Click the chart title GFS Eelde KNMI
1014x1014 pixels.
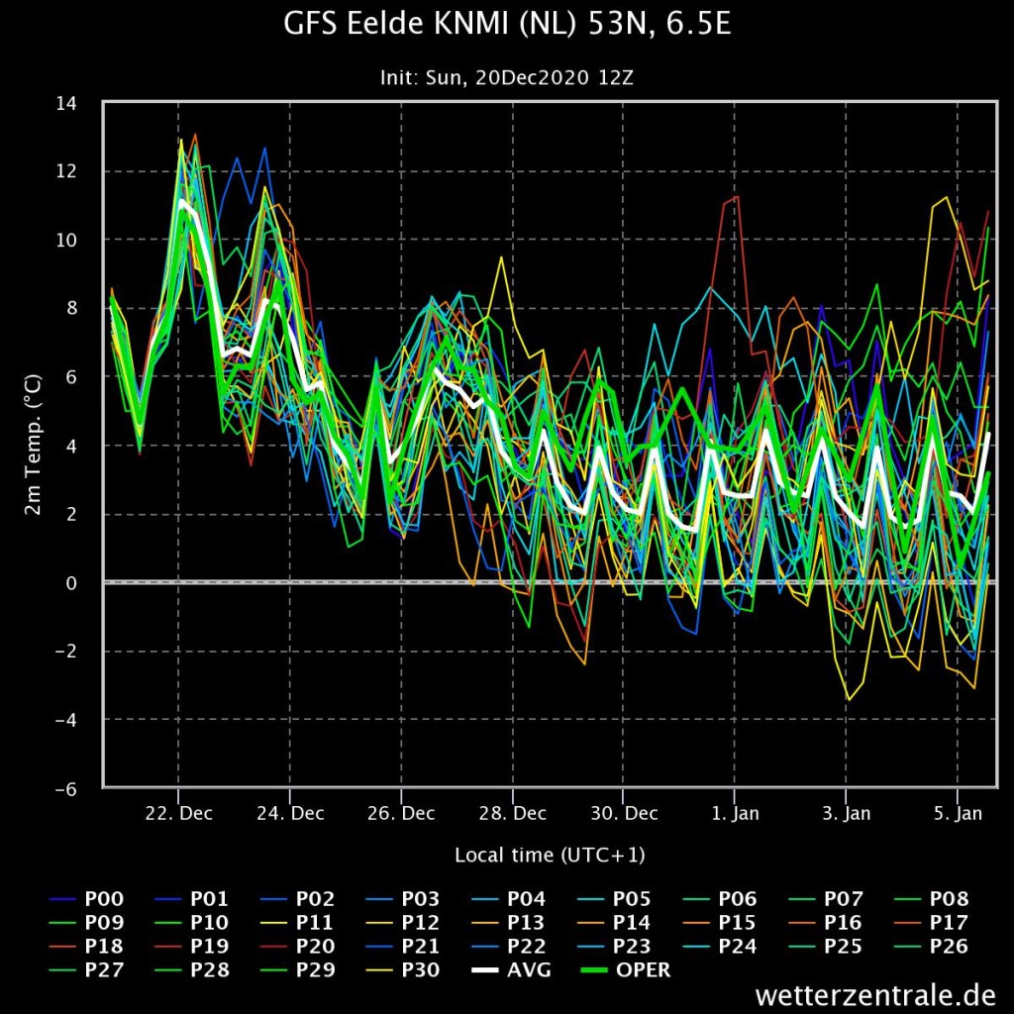pyautogui.click(x=507, y=24)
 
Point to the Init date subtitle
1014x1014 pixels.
pyautogui.click(x=506, y=77)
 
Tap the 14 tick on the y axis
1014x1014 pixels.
pyautogui.click(x=66, y=103)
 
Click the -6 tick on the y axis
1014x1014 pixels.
pyautogui.click(x=66, y=789)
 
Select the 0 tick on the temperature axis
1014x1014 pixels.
pyautogui.click(x=70, y=582)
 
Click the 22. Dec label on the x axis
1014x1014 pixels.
pyautogui.click(x=178, y=813)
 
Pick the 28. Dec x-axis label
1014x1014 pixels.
pyautogui.click(x=512, y=813)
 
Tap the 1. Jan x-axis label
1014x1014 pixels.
pyautogui.click(x=735, y=813)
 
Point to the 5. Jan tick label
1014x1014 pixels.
pyautogui.click(x=958, y=813)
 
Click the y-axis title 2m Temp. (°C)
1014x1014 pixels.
pyautogui.click(x=33, y=445)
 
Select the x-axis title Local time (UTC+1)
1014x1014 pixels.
pyautogui.click(x=550, y=855)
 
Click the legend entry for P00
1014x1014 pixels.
pyautogui.click(x=86, y=899)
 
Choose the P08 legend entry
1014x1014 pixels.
pyautogui.click(x=931, y=899)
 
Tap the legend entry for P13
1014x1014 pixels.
pyautogui.click(x=508, y=922)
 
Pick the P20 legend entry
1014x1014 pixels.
pyautogui.click(x=297, y=946)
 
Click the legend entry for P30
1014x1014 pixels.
pyautogui.click(x=403, y=970)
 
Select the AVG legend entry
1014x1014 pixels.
pyautogui.click(x=511, y=970)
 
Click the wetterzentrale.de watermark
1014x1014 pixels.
pyautogui.click(x=875, y=994)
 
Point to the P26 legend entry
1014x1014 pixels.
pyautogui.click(x=931, y=946)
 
